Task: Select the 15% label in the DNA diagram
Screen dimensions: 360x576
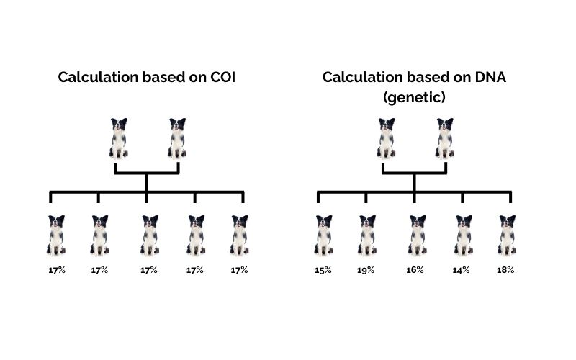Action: click(x=323, y=270)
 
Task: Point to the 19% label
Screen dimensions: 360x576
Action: click(x=366, y=270)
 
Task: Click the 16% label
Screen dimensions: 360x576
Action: click(x=417, y=270)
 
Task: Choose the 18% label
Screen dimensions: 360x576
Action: click(x=507, y=270)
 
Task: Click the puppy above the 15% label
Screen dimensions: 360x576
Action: click(x=323, y=235)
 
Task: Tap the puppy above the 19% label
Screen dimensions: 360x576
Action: click(x=366, y=235)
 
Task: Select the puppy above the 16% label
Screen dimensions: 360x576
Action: click(x=417, y=235)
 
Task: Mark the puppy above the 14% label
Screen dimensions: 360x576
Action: click(x=462, y=235)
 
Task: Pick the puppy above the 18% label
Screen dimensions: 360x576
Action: click(x=507, y=235)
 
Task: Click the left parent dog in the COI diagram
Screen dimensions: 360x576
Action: click(x=119, y=138)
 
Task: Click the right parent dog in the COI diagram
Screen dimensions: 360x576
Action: click(x=177, y=138)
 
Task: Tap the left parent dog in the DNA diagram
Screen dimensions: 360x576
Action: click(x=386, y=138)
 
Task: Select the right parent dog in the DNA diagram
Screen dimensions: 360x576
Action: click(x=444, y=138)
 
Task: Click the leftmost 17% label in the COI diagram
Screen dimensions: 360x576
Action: click(x=56, y=270)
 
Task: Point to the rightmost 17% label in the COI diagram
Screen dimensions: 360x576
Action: click(x=239, y=270)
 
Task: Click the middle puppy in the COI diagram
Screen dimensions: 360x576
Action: click(x=149, y=235)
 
